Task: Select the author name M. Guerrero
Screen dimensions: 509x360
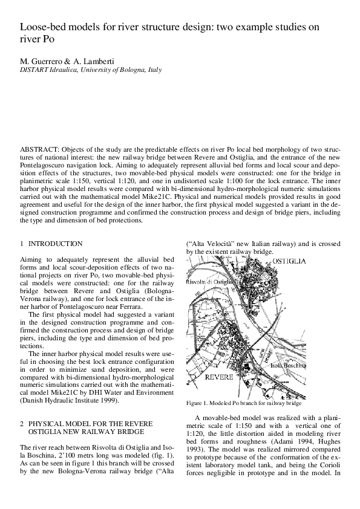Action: (x=40, y=61)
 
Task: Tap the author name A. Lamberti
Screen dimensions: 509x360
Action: (x=88, y=61)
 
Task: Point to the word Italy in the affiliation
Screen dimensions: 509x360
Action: (x=154, y=70)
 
